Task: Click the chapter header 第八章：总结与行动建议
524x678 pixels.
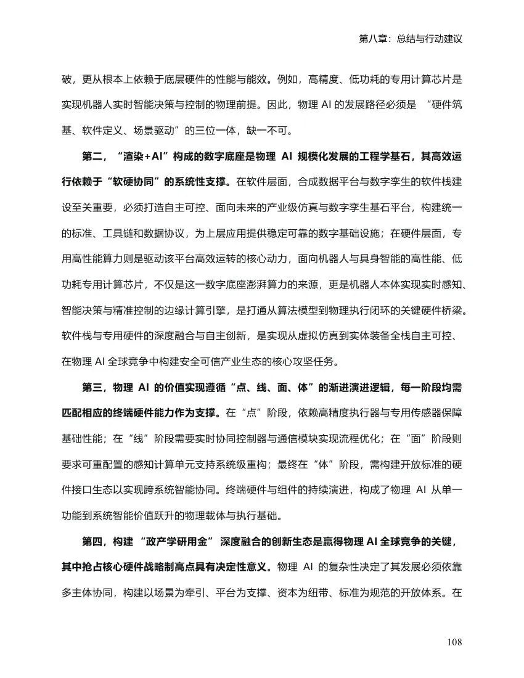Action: (x=410, y=38)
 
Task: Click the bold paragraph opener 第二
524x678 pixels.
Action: (x=92, y=157)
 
